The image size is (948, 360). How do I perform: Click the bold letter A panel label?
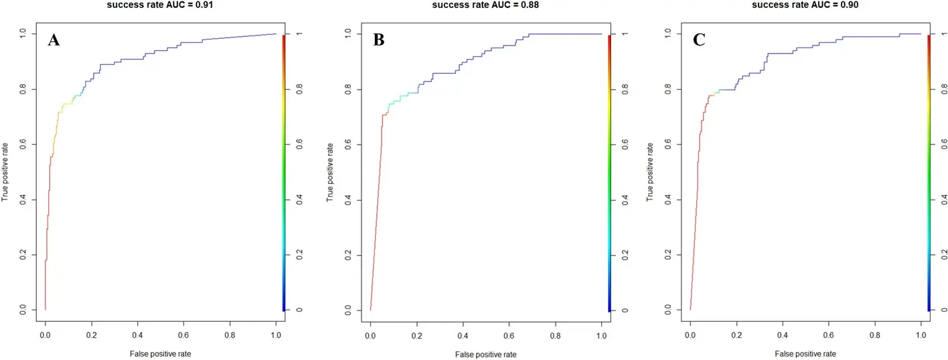pyautogui.click(x=55, y=39)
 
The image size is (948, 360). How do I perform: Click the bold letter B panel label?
pyautogui.click(x=378, y=39)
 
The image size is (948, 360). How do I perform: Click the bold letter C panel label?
pyautogui.click(x=699, y=39)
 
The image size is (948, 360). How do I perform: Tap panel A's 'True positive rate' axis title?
pyautogui.click(x=5, y=172)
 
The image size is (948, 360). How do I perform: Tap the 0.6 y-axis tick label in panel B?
pyautogui.click(x=347, y=145)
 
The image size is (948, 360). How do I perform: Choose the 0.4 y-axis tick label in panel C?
pyautogui.click(x=667, y=200)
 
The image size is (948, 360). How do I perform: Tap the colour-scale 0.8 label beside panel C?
pyautogui.click(x=943, y=89)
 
